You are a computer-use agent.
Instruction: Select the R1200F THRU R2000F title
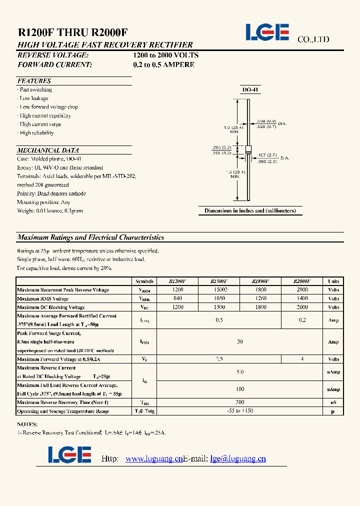[72, 32]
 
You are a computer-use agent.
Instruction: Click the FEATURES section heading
[34, 81]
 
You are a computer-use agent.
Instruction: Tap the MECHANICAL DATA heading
[48, 150]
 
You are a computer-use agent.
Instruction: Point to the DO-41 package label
[249, 90]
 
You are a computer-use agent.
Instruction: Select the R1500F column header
[219, 281]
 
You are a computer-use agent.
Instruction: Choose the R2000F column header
[302, 281]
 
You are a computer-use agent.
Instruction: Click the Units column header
[333, 281]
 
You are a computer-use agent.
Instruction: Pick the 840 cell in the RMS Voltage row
[177, 298]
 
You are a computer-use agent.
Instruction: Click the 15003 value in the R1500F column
[219, 290]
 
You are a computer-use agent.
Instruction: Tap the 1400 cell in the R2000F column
[302, 298]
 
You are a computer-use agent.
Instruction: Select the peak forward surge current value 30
[240, 342]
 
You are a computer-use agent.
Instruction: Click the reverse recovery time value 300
[240, 402]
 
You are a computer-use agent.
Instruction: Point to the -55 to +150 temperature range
[240, 411]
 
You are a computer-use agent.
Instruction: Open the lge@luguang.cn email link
[238, 459]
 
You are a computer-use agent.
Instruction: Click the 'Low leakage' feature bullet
[34, 98]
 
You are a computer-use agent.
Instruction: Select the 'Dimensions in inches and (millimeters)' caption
[250, 211]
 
